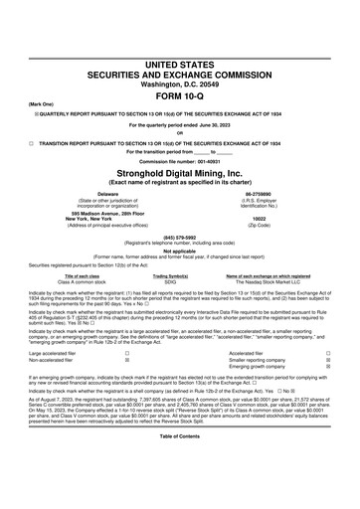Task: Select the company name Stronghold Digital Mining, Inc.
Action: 180,173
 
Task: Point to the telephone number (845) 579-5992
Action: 180,238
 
